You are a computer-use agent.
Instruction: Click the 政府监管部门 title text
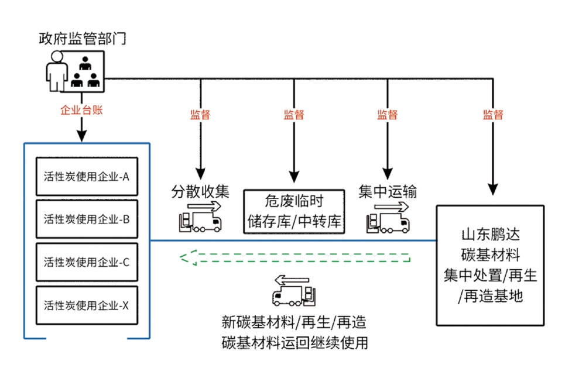tap(82, 39)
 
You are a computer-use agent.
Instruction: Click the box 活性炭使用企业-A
tap(87, 176)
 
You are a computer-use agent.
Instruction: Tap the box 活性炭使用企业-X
tap(87, 305)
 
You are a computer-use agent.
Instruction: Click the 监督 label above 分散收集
tap(200, 115)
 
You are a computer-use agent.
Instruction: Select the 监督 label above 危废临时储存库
tap(294, 115)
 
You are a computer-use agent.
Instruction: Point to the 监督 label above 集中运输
tap(388, 115)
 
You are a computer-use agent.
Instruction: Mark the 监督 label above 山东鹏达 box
tap(493, 115)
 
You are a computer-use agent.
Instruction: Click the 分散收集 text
tap(200, 191)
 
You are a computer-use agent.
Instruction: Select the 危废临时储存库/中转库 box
tap(294, 211)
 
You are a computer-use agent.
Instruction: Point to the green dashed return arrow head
tap(186, 257)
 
